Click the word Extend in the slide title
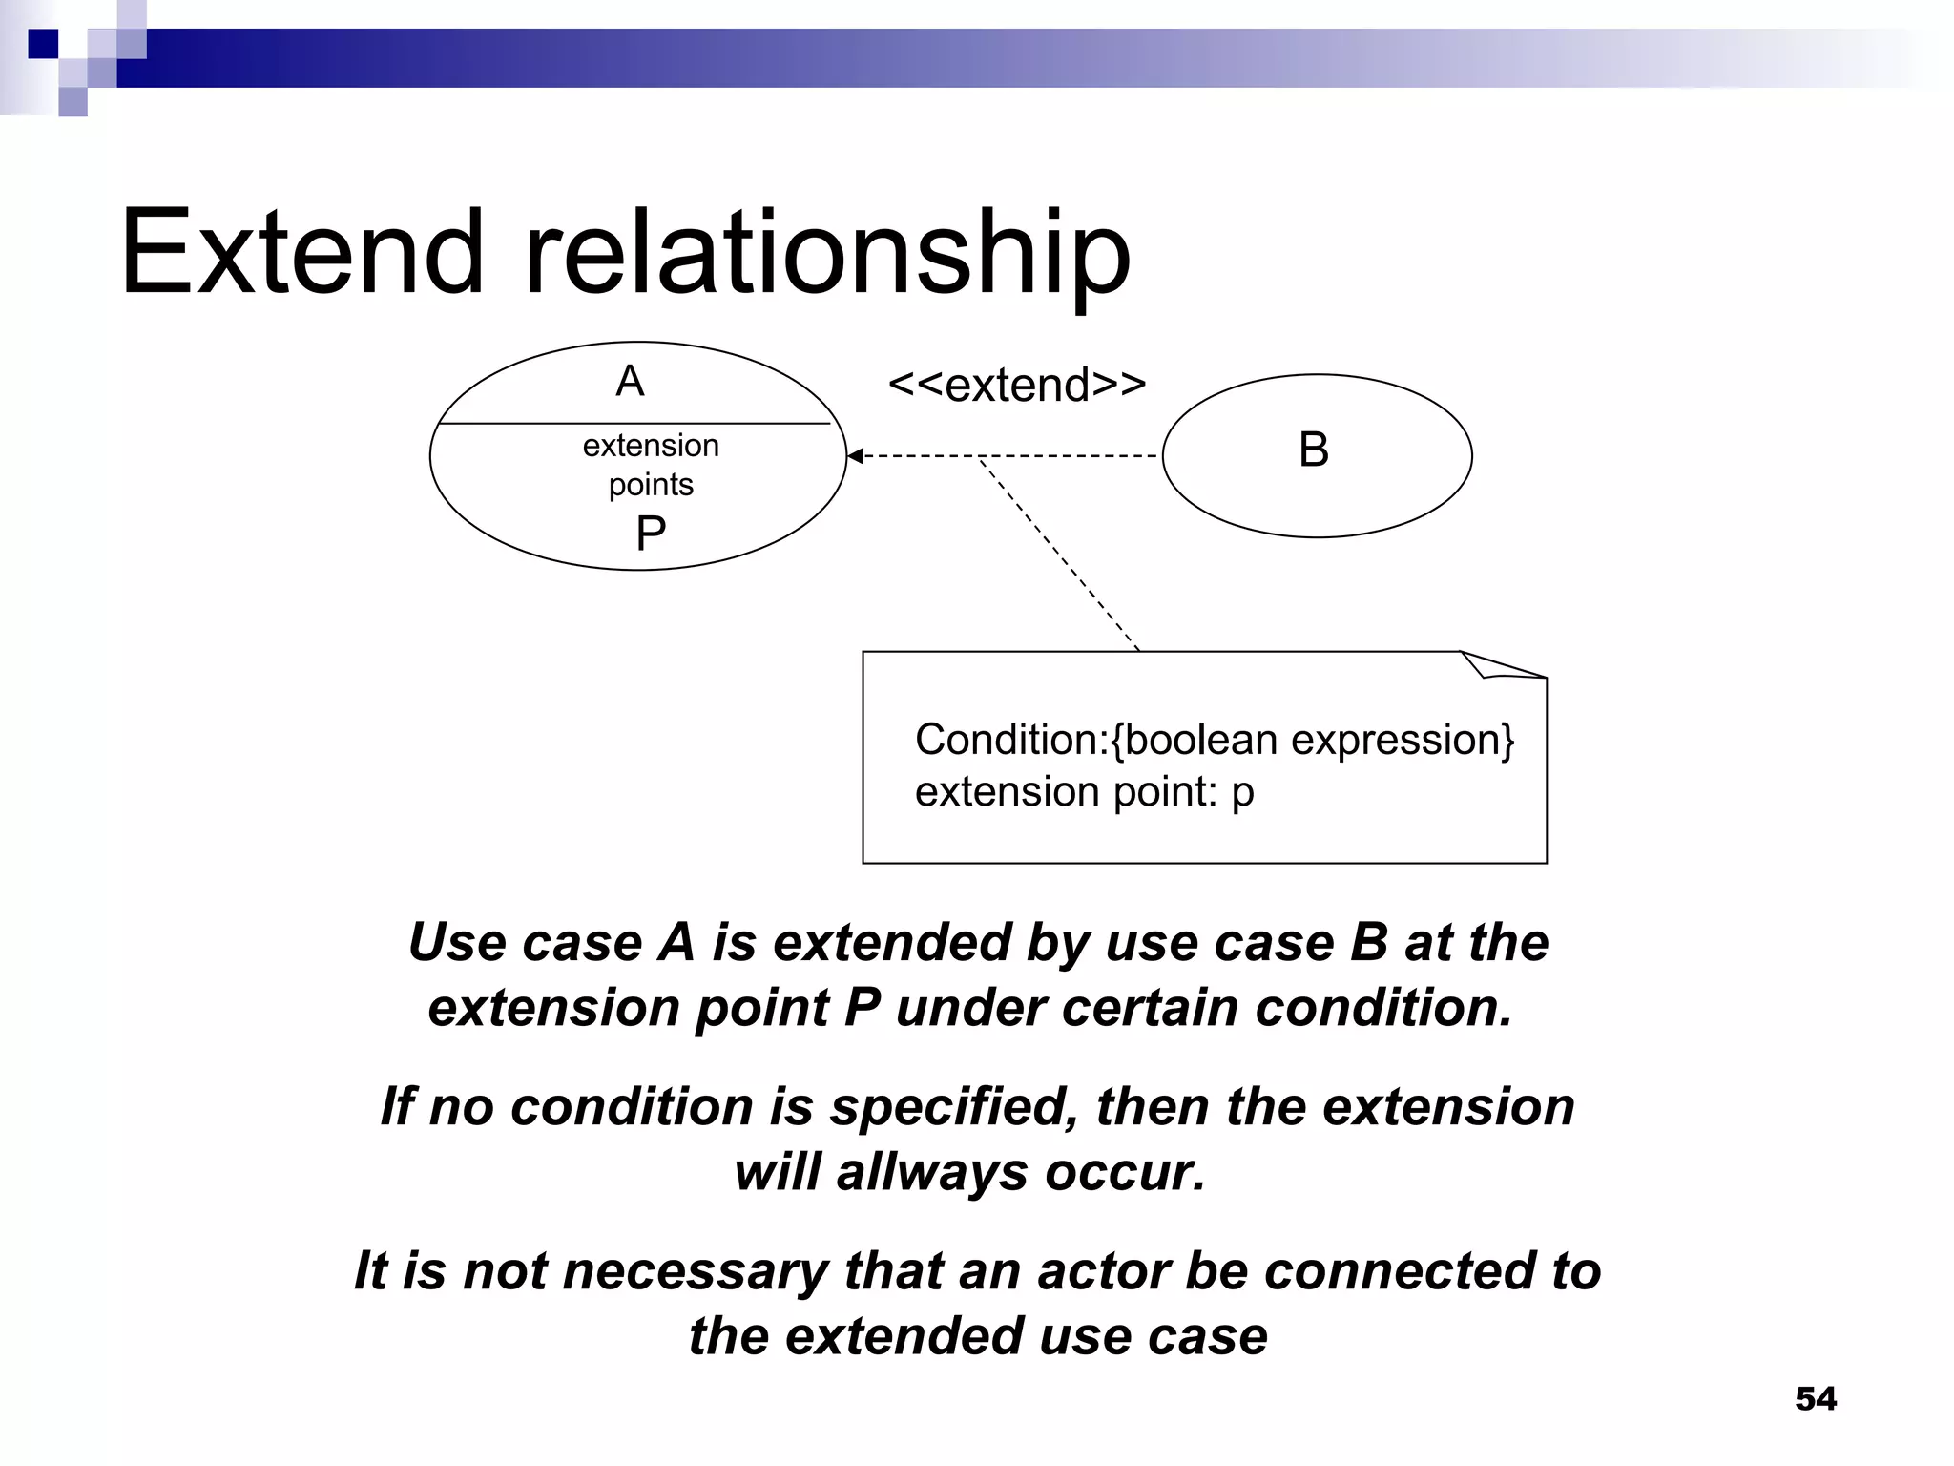tap(302, 253)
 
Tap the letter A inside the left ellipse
tap(630, 382)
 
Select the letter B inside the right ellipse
tap(1313, 450)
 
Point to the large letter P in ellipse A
tap(651, 534)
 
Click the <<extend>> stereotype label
tap(1016, 386)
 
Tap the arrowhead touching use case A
tap(855, 456)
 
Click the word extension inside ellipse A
tap(651, 446)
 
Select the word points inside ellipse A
tap(651, 485)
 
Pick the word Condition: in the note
tap(1011, 740)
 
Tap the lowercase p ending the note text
tap(1242, 793)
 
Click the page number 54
tap(1815, 1399)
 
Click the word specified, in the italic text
tap(953, 1107)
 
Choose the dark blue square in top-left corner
tap(43, 44)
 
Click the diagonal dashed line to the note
tap(1059, 554)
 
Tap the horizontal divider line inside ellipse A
tap(634, 423)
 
